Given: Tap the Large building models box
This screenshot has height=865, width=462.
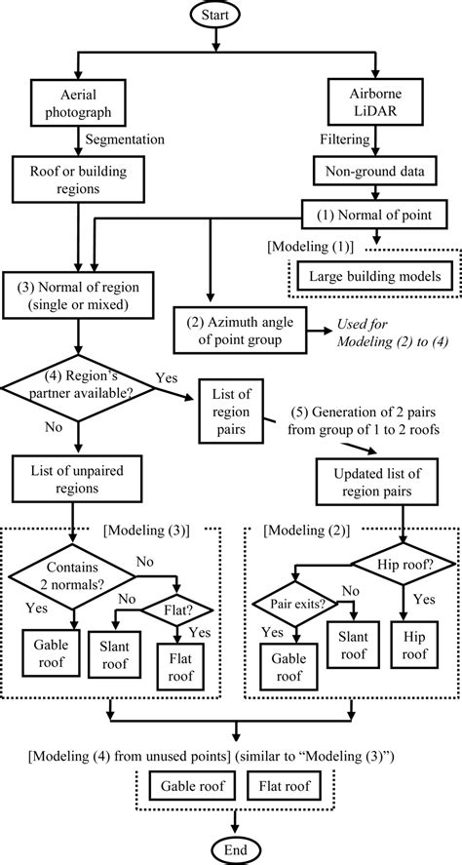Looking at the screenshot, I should tap(374, 276).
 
